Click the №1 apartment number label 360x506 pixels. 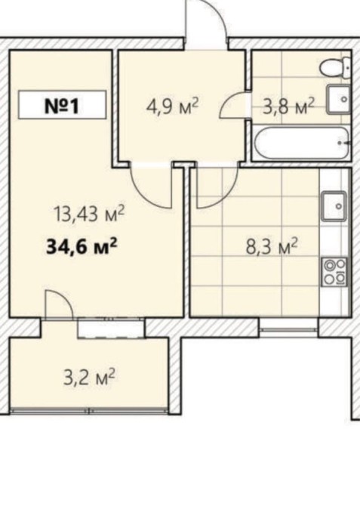click(x=62, y=106)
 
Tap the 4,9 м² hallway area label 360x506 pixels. click(x=172, y=106)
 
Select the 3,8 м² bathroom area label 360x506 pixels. click(x=288, y=106)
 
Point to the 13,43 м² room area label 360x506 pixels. click(x=90, y=213)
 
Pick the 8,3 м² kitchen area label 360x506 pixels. click(x=271, y=246)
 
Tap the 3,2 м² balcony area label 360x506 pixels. click(x=90, y=377)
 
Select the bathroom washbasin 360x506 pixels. click(x=339, y=99)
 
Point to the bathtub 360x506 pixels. click(x=301, y=143)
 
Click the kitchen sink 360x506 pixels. click(x=334, y=206)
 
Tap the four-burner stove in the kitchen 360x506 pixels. click(x=334, y=272)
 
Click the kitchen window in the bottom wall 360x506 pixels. click(x=289, y=329)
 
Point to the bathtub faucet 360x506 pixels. click(x=343, y=142)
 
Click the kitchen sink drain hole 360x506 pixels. click(x=338, y=206)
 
